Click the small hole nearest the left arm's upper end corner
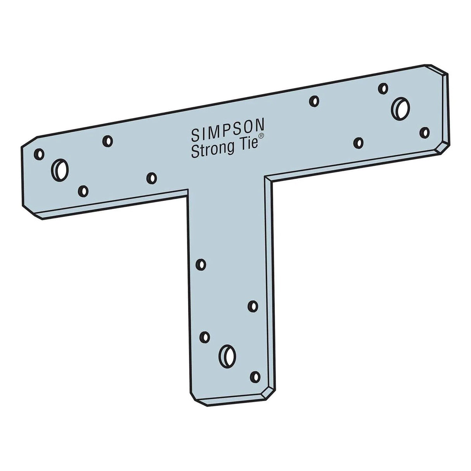(39, 154)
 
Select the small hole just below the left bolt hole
(83, 190)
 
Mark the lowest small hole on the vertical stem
(255, 376)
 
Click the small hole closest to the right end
(426, 132)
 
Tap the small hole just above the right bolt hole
(383, 88)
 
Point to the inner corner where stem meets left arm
(188, 190)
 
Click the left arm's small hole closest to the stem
(152, 178)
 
